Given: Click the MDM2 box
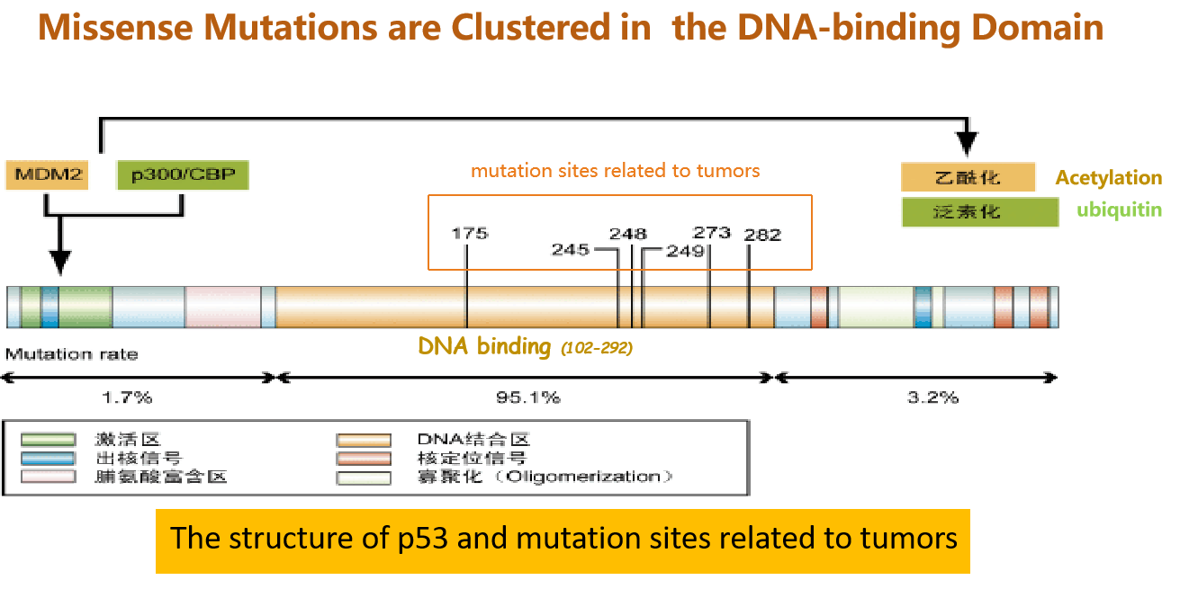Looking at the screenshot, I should pos(47,174).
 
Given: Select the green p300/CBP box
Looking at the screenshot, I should pos(182,174).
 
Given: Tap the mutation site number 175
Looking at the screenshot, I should pos(469,233).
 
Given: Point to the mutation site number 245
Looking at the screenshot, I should pos(571,249).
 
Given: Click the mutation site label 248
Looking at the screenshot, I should pos(627,234).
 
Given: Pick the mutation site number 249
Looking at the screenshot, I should pos(685,251).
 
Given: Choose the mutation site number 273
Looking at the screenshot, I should pos(712,232).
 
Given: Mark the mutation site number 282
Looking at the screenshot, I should pos(762,235).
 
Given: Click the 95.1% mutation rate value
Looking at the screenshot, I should pos(527,397).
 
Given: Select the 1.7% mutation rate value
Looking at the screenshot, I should pos(128,397).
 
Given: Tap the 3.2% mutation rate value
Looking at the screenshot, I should pos(932,397).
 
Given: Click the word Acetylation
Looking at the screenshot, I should pos(1109,178).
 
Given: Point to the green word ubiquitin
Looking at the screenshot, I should pos(1120,210).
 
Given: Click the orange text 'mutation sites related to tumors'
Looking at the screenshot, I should pos(616,171).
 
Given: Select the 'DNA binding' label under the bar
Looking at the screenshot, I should pos(484,346).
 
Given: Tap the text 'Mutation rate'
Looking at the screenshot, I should pos(72,354).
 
